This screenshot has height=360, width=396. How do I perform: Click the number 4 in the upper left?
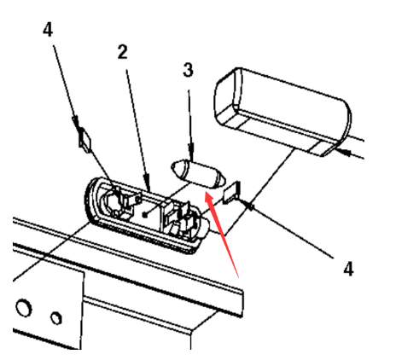coord(48,30)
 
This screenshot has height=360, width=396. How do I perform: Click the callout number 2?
coord(123,52)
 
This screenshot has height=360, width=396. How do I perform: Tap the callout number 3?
coord(188,70)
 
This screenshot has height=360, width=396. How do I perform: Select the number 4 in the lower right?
coord(348,269)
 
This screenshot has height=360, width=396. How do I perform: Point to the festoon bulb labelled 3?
coord(198,174)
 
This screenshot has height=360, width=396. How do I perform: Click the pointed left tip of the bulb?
coord(172,166)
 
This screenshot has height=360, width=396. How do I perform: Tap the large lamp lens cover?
coord(282,112)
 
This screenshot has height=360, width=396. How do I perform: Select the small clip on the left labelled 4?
coord(84,140)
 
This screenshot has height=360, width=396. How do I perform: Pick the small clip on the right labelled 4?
coord(232,193)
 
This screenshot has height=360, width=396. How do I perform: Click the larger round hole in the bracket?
coord(24,308)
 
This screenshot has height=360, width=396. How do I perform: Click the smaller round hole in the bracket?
coord(56,318)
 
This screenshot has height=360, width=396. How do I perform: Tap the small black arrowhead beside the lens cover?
coord(344,152)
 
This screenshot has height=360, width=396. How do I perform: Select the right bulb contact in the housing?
coord(182,219)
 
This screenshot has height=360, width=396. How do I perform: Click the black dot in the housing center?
coord(145,215)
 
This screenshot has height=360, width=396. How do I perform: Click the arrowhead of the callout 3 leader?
coord(191,152)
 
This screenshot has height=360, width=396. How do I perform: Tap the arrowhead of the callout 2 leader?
coord(147,183)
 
